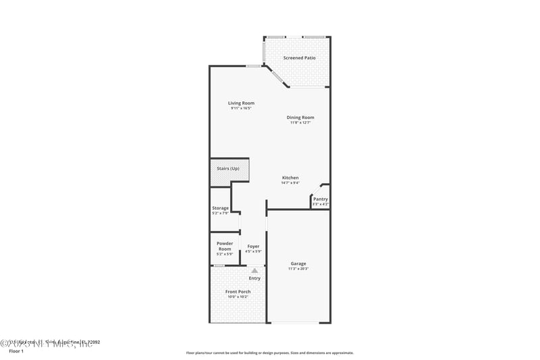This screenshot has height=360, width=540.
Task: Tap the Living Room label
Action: [241, 103]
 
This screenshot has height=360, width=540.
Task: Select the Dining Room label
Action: [300, 118]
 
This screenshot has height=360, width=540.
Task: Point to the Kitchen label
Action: [290, 178]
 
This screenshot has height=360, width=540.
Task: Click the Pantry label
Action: [320, 199]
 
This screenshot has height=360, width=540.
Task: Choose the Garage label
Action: [298, 263]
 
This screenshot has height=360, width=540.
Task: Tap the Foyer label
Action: [253, 247]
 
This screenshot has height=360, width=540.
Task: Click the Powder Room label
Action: [225, 246]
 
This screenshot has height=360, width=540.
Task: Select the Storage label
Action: [221, 208]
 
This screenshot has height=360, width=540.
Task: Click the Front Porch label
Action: [238, 292]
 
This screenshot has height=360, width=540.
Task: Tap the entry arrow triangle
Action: [254, 270]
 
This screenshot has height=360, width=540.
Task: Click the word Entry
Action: [254, 278]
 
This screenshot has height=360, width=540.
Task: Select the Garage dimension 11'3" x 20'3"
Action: [298, 269]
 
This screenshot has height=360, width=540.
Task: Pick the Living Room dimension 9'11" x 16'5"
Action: [241, 108]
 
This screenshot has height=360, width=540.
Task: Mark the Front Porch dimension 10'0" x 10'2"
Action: [238, 297]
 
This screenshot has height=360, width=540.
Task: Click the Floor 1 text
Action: [16, 351]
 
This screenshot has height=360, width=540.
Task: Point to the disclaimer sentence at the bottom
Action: [269, 353]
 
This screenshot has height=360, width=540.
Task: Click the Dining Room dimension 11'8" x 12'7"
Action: [300, 122]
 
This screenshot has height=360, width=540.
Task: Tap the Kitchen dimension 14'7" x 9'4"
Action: [290, 182]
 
